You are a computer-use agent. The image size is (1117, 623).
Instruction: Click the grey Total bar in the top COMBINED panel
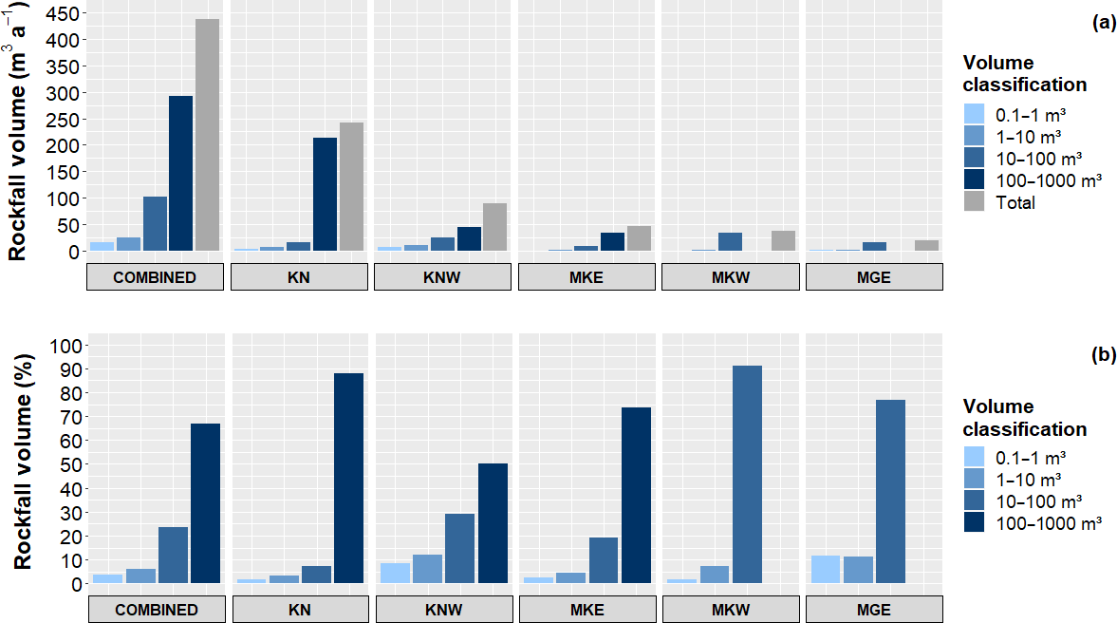[207, 135]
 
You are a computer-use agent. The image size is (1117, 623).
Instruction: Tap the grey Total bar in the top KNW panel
[494, 227]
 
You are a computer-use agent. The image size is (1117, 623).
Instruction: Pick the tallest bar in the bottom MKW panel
[746, 475]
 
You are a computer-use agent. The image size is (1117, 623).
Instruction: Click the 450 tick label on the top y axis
[60, 14]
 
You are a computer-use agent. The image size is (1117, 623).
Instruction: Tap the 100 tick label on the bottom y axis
[60, 346]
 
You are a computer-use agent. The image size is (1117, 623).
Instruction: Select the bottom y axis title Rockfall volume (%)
[24, 461]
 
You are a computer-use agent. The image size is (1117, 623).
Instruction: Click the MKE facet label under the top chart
[586, 277]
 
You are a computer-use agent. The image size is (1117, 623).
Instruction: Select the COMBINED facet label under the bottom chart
[156, 610]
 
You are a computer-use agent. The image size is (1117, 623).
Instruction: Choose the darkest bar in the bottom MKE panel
[635, 495]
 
